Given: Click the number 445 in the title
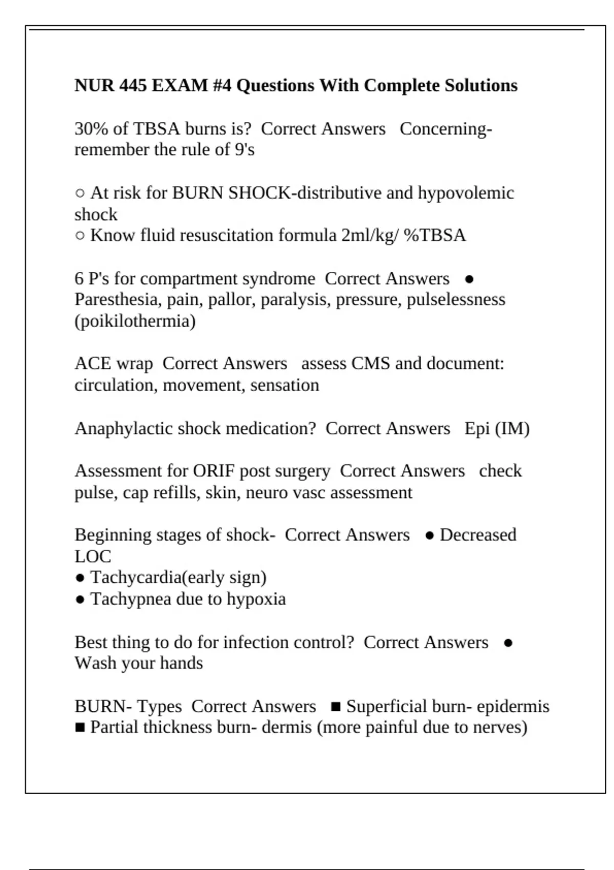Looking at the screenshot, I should (x=133, y=85).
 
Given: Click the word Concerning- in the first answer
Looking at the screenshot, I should (x=445, y=128).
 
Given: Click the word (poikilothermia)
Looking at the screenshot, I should (x=135, y=321).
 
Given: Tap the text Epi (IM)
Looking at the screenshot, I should (x=496, y=428).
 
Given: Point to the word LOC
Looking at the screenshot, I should (x=93, y=557).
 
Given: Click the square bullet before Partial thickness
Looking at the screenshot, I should (x=80, y=728).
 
